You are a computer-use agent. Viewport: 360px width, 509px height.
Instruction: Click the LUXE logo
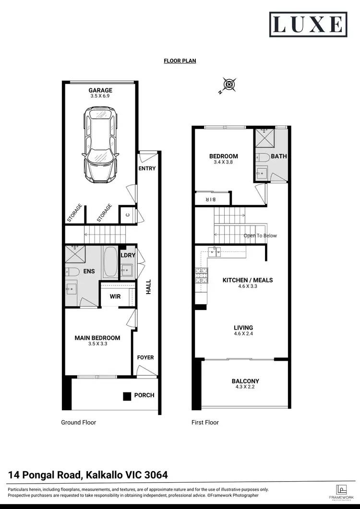point(308,24)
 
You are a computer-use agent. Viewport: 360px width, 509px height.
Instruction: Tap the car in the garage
point(100,144)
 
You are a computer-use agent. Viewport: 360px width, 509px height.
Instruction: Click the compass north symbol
point(230,84)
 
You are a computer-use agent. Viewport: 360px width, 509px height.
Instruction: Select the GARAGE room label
point(100,90)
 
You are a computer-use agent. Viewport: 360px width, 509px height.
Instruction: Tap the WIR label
point(115,296)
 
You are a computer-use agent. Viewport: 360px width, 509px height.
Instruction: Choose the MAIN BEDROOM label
point(97,338)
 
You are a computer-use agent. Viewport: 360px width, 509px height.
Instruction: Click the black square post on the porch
point(127,396)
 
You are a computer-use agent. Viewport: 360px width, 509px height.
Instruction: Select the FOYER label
point(146,357)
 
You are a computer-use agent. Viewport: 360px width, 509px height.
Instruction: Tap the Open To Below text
point(260,236)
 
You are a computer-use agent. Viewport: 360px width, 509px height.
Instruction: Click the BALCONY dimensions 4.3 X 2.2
point(245,387)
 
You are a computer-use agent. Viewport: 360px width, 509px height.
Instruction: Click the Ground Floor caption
point(78,423)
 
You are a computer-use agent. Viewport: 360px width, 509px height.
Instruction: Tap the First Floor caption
point(205,423)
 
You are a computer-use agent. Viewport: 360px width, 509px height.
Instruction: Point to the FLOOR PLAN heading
point(180,61)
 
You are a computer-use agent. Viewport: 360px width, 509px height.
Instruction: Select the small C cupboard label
point(128,215)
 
